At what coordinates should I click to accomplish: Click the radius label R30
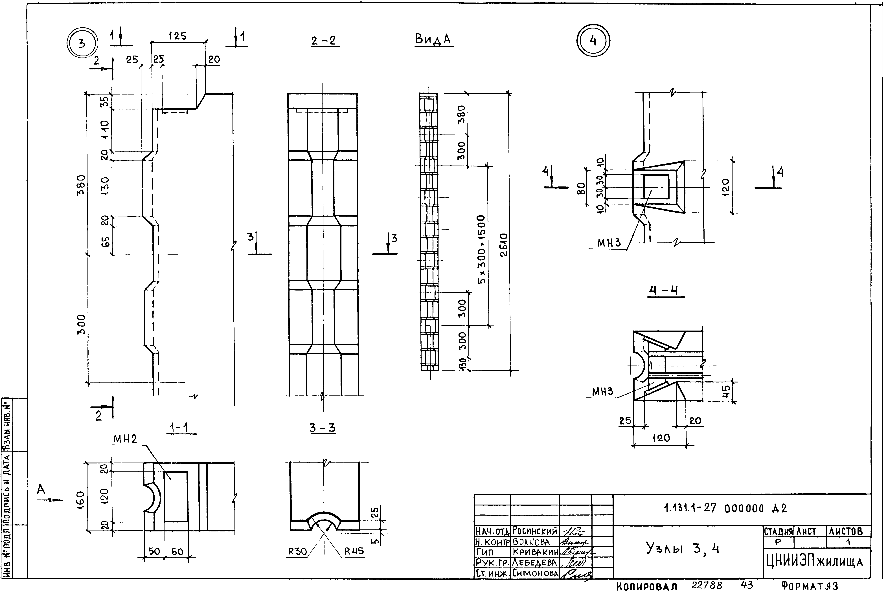pyautogui.click(x=297, y=551)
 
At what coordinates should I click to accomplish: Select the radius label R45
pyautogui.click(x=354, y=551)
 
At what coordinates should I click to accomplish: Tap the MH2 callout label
pyautogui.click(x=125, y=439)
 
